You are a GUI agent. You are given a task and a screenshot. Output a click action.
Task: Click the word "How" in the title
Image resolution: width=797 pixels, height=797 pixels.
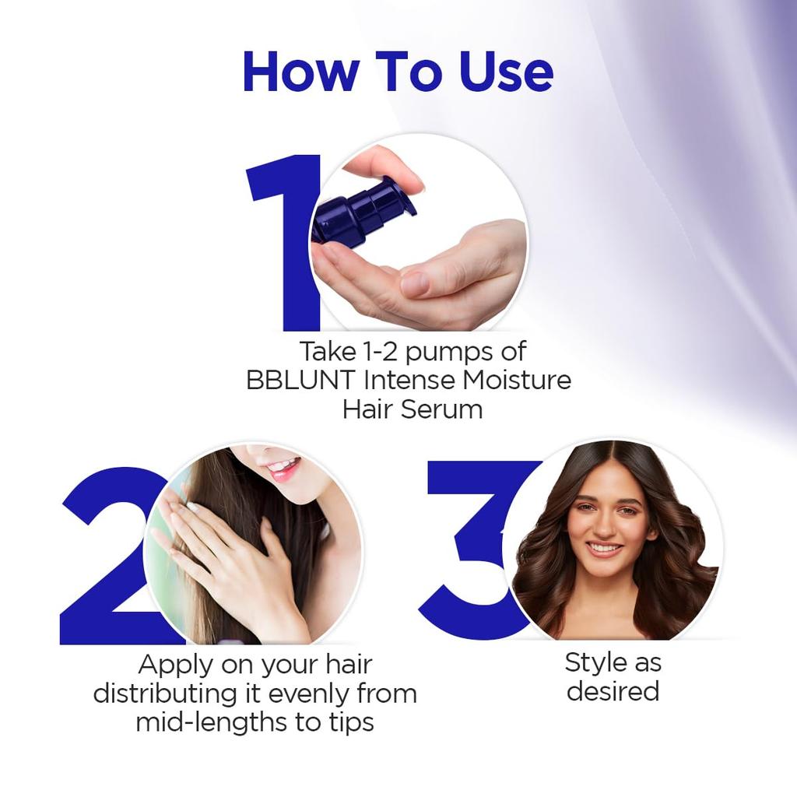coord(301,72)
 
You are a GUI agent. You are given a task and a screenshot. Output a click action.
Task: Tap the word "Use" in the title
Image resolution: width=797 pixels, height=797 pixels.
coord(506,72)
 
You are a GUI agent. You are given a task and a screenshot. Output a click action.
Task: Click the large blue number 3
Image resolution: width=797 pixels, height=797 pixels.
coord(475,545)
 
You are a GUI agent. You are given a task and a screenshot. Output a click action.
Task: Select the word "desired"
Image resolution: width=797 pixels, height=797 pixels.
coord(613,691)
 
